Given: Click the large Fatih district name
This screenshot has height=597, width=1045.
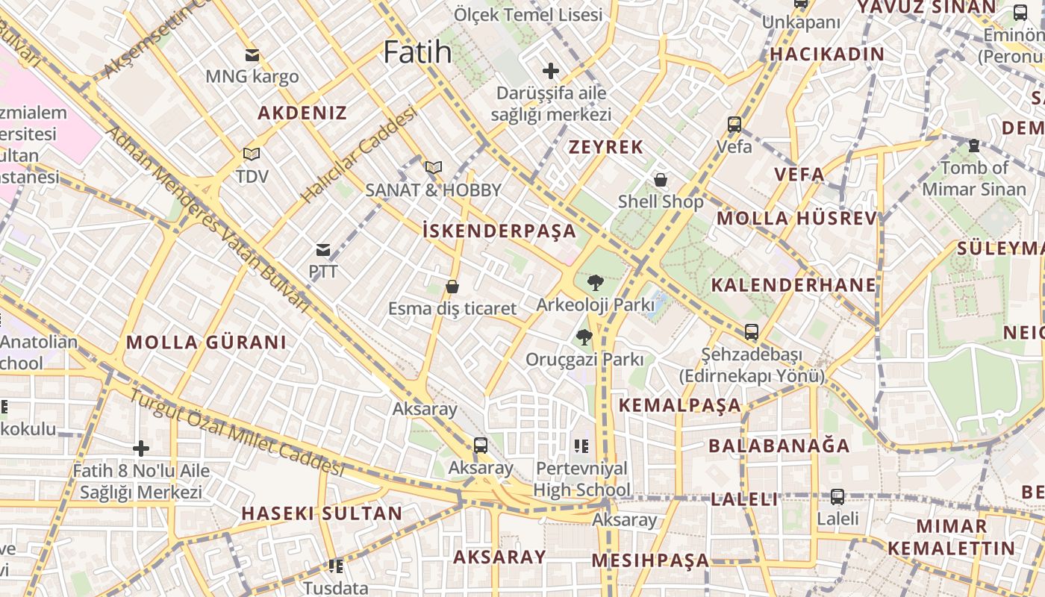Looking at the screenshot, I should [417, 52].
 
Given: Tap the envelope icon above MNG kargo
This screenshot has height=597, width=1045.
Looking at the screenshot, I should [252, 54].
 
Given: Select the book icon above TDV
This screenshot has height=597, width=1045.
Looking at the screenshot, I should [252, 154].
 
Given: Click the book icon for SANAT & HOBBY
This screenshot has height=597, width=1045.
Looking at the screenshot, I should [434, 168].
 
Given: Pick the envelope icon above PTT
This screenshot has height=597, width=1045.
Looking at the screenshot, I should [323, 249].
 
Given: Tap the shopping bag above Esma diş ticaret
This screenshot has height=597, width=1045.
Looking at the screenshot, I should [452, 287].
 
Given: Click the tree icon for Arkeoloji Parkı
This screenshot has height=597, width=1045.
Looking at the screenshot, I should [595, 282].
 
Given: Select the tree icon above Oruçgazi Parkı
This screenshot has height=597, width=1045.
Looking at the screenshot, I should [584, 337].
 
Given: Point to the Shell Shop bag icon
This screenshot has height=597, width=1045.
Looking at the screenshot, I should [660, 180].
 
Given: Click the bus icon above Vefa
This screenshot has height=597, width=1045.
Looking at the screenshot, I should [734, 125].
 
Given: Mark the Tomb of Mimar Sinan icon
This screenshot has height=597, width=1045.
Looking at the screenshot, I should [973, 146].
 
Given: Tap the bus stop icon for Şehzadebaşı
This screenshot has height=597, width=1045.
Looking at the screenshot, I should [752, 332].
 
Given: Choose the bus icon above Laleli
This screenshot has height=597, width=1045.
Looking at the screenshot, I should [837, 496].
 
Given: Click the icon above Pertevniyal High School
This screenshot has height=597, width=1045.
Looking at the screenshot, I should [581, 446].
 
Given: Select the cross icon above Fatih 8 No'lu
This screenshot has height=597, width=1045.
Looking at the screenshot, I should [141, 448].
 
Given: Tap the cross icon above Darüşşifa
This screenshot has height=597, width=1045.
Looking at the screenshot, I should [551, 72].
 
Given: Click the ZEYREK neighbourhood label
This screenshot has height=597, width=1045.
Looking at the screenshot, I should [606, 147].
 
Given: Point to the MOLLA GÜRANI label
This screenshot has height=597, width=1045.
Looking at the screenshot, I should [206, 343].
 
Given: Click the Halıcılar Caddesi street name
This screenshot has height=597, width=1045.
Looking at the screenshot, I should [358, 154].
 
